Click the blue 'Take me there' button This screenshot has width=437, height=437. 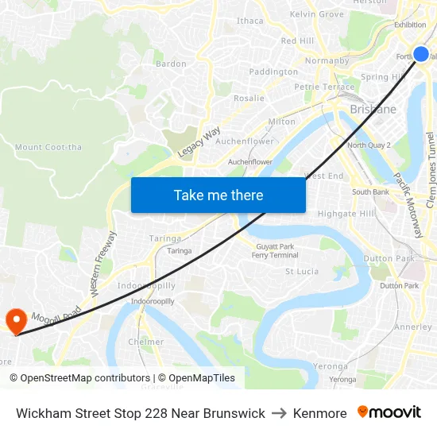[218, 195]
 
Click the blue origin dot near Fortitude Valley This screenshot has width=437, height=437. [421, 54]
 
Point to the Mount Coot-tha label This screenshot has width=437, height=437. [48, 147]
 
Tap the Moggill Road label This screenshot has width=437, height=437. [56, 313]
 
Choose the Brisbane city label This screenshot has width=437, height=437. [373, 110]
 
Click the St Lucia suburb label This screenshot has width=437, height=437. [302, 272]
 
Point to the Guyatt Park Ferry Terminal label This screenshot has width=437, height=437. [275, 251]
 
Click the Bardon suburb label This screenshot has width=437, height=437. [171, 64]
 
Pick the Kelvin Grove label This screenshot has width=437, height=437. [317, 14]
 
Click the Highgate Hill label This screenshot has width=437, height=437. [346, 214]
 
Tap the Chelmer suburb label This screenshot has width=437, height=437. [146, 342]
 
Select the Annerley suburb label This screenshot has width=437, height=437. [413, 327]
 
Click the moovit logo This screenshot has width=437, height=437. [389, 412]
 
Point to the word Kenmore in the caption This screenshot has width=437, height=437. [319, 413]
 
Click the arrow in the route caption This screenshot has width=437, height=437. [279, 413]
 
